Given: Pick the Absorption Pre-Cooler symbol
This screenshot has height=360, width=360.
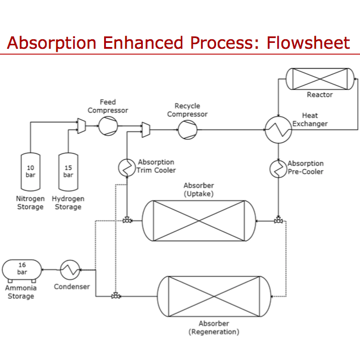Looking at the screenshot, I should tap(278, 168).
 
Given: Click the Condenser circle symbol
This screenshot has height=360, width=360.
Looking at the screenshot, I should tap(71, 271).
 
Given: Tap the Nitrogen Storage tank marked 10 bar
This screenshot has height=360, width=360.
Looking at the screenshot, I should tap(31, 171).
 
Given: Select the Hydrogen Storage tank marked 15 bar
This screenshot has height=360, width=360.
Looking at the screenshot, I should tap(68, 171).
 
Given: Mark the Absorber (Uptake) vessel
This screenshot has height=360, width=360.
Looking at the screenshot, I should tap(199, 220).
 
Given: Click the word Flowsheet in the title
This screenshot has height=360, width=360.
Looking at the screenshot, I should tap(308, 43).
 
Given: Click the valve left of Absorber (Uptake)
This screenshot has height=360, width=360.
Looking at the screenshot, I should tap(127, 220).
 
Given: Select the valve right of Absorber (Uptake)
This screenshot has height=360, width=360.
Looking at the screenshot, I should tap(278, 220).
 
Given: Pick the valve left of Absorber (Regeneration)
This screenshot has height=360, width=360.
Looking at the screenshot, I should tap(115, 296).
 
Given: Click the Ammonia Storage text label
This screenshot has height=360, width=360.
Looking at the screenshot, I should tap(21, 292).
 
